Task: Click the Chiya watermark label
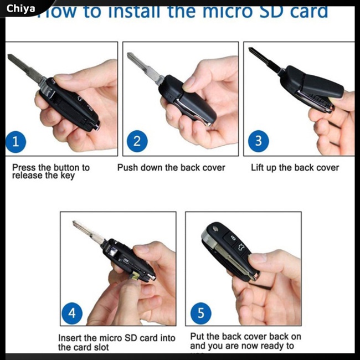coord(21,9)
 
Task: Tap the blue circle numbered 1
coord(16,142)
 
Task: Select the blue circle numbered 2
coord(137,142)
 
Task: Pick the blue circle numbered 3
coord(258,141)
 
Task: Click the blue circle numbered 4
coord(72,313)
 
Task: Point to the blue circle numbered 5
coord(200,313)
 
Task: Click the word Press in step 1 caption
coord(24,167)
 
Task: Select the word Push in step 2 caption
coord(127,167)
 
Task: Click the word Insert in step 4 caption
coord(70,338)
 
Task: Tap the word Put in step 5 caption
coord(197,336)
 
